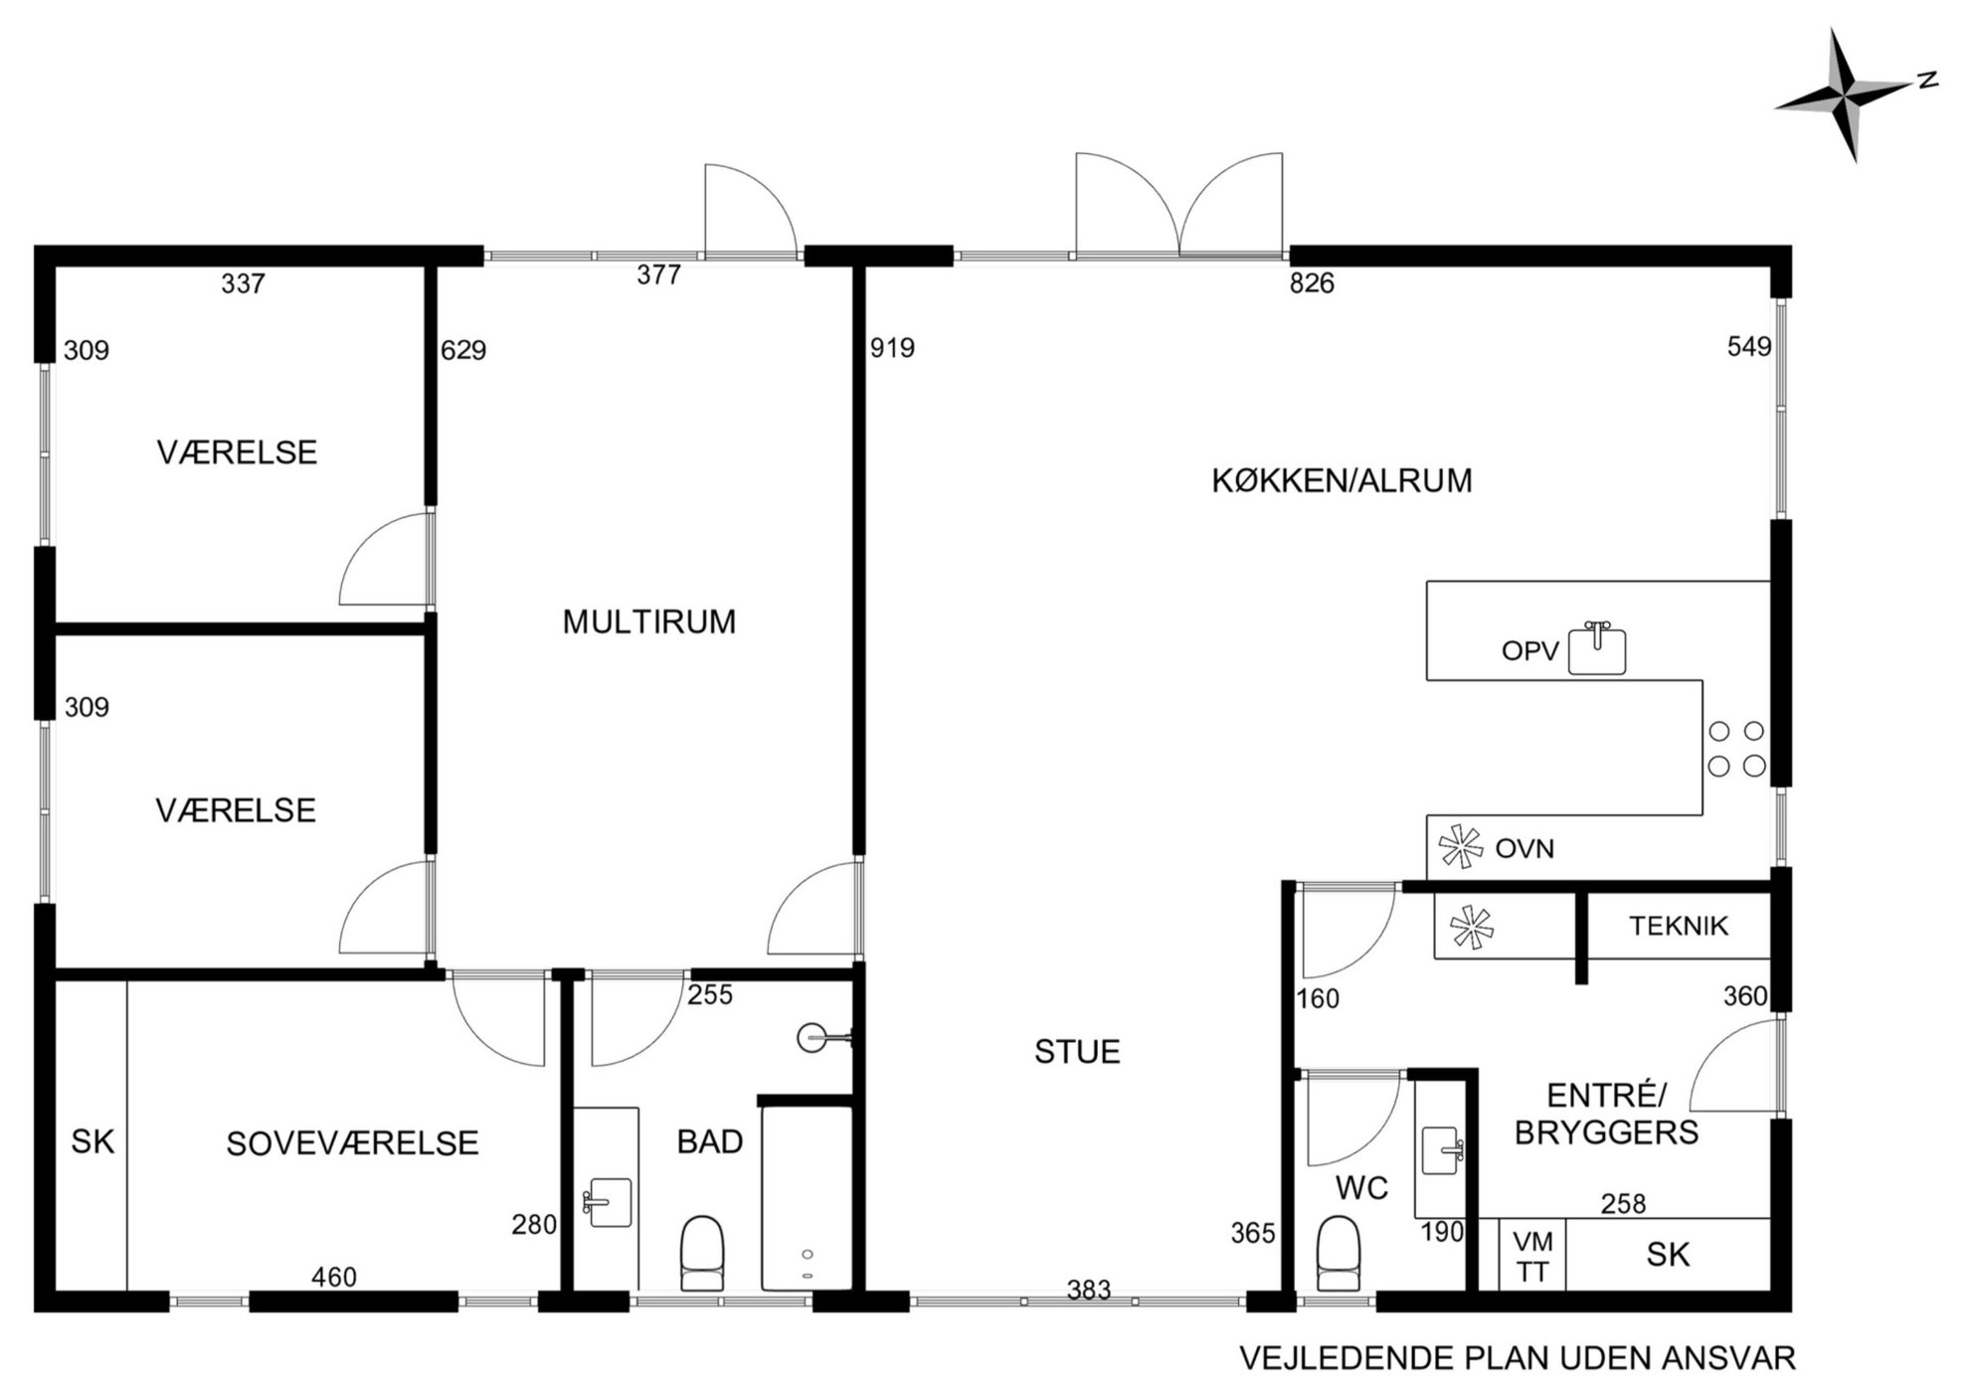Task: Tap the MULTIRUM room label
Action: coord(649,622)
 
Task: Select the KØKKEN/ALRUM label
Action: coord(1342,481)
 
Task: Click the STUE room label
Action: coord(1077,1052)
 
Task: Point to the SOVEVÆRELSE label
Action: coord(352,1144)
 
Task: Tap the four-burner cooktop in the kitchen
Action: coord(1736,749)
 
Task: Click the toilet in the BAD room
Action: coord(702,1253)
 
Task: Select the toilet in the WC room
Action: coord(1338,1255)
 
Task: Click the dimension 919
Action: coord(892,348)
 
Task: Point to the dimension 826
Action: coord(1312,283)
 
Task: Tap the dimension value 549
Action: coord(1749,347)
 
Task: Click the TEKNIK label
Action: coord(1679,927)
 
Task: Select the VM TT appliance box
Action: coord(1532,1256)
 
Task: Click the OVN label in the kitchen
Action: coord(1525,849)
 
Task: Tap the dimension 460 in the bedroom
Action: coord(334,1277)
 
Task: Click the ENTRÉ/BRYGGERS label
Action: coord(1606,1115)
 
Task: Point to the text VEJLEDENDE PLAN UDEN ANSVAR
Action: coord(1518,1358)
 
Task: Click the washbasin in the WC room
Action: coord(1441,1150)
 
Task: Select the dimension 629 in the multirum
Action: coord(463,350)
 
